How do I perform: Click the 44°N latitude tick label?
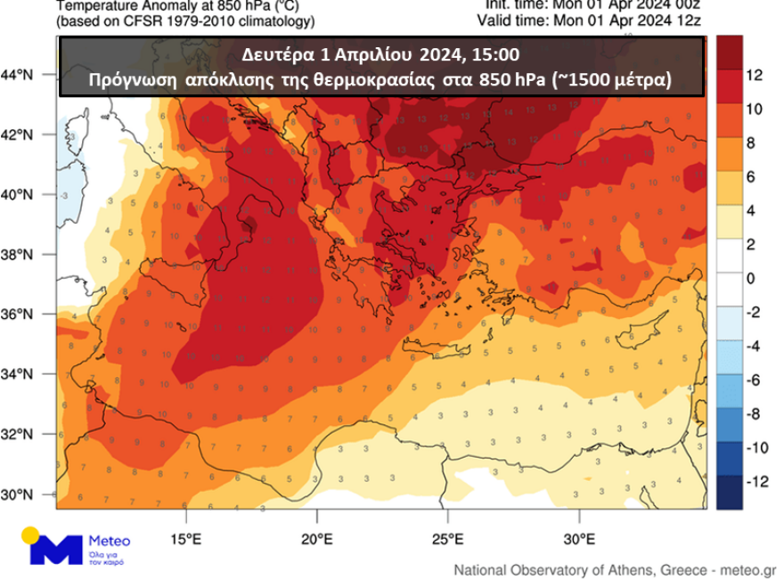coord(28,76)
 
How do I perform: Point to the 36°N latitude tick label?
coord(28,314)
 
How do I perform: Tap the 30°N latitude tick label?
coord(28,494)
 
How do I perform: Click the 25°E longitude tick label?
coord(448,538)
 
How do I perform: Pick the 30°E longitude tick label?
coord(579,538)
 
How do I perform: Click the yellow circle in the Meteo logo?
coord(31,535)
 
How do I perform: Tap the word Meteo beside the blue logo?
coord(110,541)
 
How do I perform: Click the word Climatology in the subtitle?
coord(266,20)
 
